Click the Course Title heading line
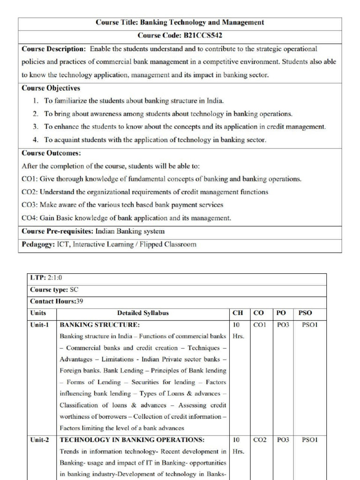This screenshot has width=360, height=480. [180, 22]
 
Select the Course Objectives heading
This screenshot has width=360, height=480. [51, 88]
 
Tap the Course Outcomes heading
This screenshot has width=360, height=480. [51, 153]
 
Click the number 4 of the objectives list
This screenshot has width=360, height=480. [35, 140]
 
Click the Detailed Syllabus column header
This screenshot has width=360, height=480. [143, 313]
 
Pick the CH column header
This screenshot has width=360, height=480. [238, 313]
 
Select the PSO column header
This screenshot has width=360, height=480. [305, 313]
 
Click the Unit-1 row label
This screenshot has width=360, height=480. [39, 324]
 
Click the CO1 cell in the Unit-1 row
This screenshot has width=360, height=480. [260, 324]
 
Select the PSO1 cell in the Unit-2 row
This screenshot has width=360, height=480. [309, 440]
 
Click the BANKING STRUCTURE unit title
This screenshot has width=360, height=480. [100, 324]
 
